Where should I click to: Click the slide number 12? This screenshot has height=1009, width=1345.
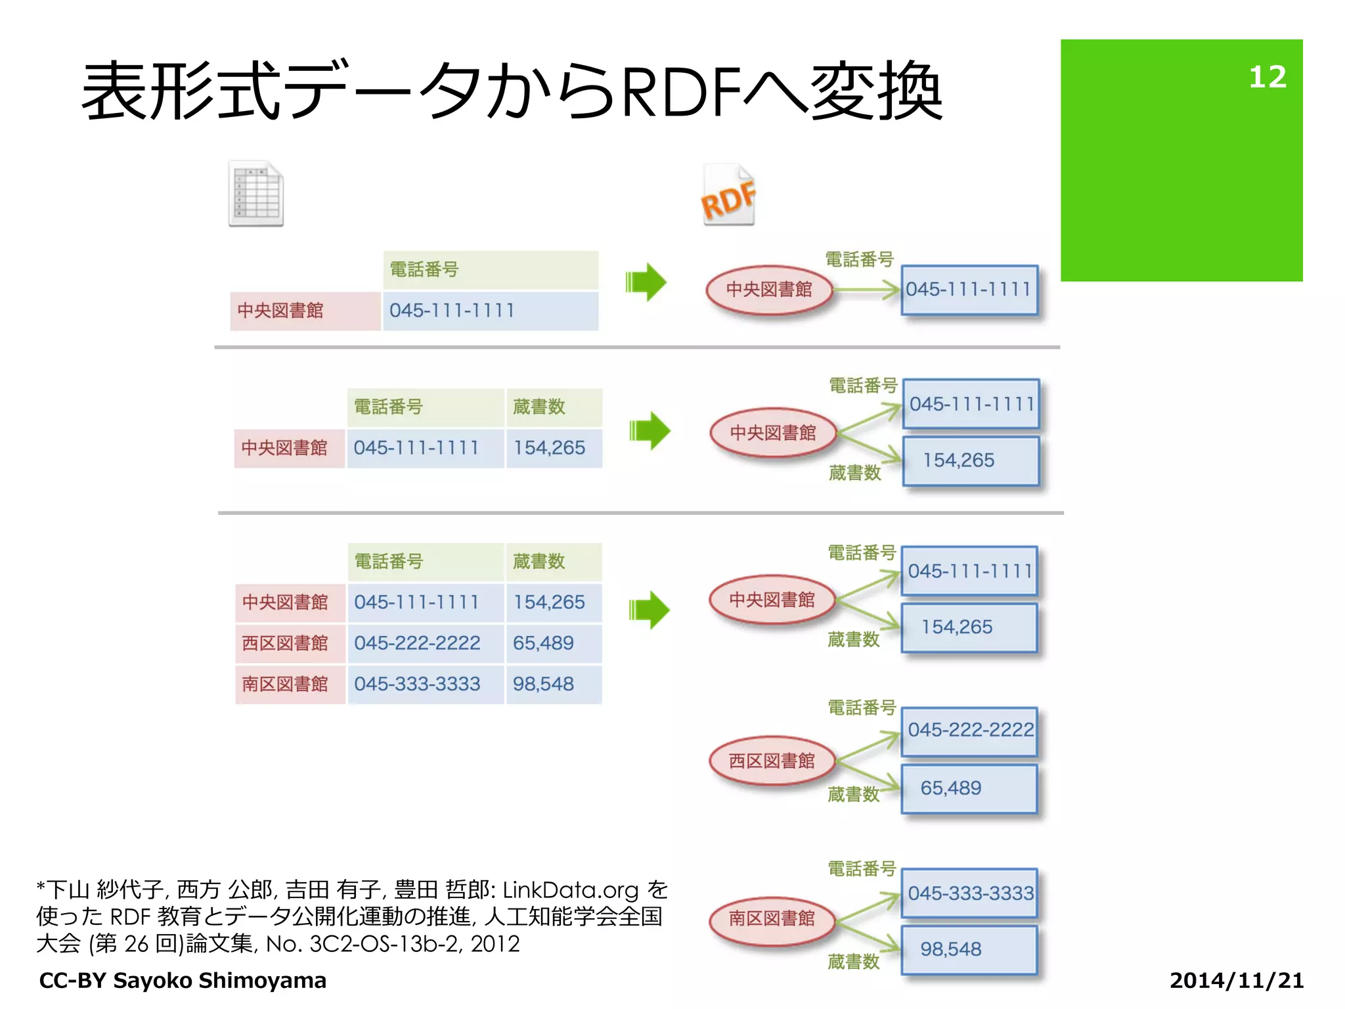(1267, 77)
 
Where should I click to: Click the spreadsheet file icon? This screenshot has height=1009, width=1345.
(256, 194)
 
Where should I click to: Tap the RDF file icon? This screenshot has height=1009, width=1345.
(728, 195)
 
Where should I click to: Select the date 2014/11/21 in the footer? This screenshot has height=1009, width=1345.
(1236, 980)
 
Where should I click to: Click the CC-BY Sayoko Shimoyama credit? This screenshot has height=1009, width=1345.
(183, 980)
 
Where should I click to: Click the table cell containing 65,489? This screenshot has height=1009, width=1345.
(552, 643)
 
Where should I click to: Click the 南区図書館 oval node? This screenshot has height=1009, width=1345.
(772, 918)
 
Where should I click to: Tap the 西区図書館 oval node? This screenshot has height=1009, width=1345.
(772, 761)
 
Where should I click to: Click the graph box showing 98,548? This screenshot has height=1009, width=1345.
(969, 949)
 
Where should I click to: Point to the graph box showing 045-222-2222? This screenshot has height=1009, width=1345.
(970, 730)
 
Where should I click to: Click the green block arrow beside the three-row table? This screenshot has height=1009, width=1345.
(649, 610)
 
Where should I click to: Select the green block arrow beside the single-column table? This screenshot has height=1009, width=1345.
(646, 282)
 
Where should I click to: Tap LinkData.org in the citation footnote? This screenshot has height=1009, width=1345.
(570, 890)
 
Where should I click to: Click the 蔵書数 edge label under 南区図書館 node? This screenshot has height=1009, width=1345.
(853, 962)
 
